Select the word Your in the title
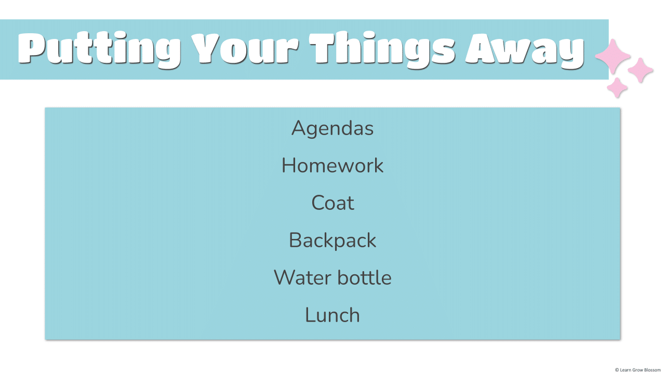point(245,48)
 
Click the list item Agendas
point(332,128)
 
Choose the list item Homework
point(332,165)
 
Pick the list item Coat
point(332,203)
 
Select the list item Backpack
point(332,241)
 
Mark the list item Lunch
point(332,315)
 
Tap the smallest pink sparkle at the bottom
point(617,88)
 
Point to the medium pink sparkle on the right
point(641,70)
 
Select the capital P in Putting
point(31,48)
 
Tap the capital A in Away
point(481,48)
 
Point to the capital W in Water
point(287,277)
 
